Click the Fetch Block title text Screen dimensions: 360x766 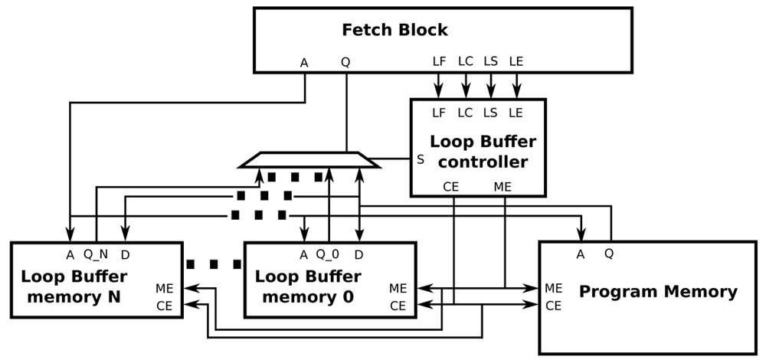394,31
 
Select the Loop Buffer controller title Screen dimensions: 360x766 482,152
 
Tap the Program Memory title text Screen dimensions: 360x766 657,292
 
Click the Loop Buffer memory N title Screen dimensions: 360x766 74,286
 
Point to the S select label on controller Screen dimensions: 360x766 420,160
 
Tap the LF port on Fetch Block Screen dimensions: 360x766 440,61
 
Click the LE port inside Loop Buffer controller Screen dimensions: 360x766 516,113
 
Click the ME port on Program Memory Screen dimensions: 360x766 554,288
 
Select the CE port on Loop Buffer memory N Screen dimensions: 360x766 165,306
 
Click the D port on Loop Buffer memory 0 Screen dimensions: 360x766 358,254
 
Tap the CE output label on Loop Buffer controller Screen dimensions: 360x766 451,185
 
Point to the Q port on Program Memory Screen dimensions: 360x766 610,254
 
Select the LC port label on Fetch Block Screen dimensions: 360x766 465,61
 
